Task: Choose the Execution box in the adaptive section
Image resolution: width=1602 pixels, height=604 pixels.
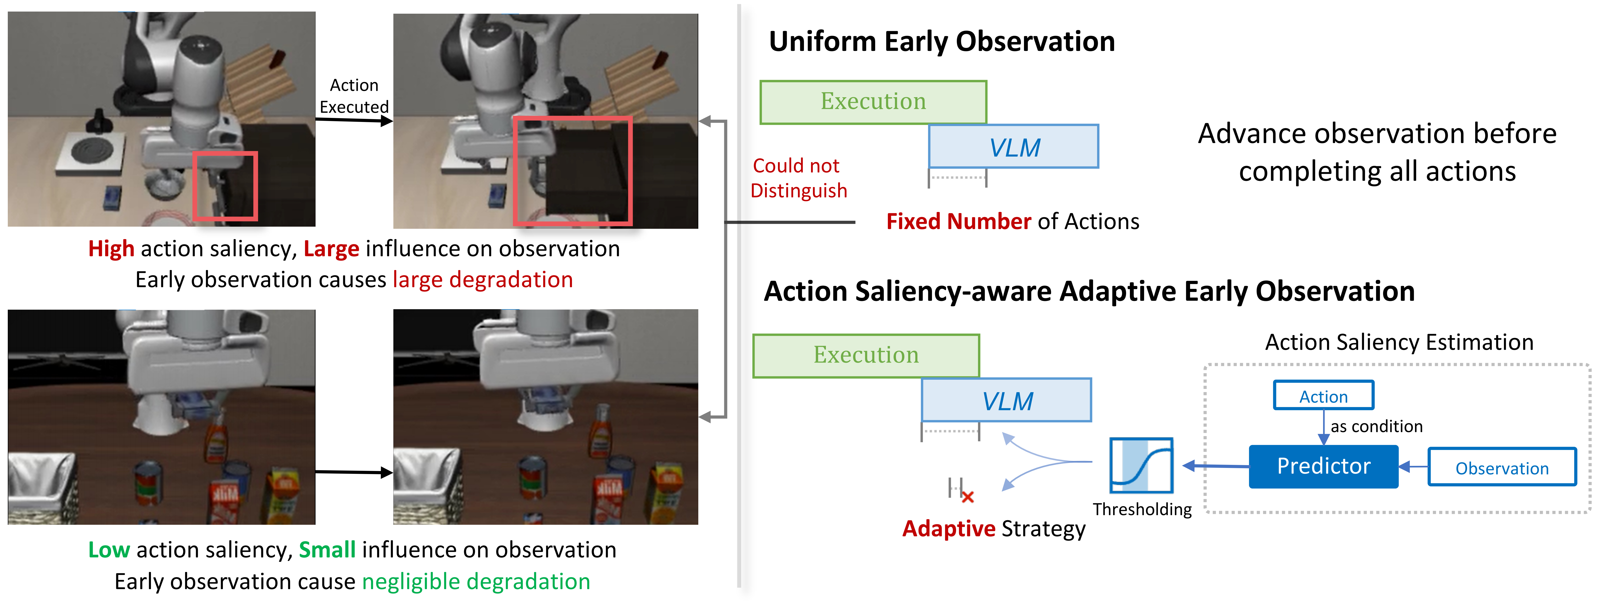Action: (866, 355)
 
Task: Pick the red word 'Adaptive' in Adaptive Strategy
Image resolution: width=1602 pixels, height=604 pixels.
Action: (948, 529)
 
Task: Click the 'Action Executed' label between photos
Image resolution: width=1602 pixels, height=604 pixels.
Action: (354, 96)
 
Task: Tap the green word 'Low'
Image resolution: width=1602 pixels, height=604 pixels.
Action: (109, 550)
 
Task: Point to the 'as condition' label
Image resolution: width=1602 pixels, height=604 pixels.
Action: (1376, 426)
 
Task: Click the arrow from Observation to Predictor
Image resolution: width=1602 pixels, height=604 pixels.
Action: (1413, 467)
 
